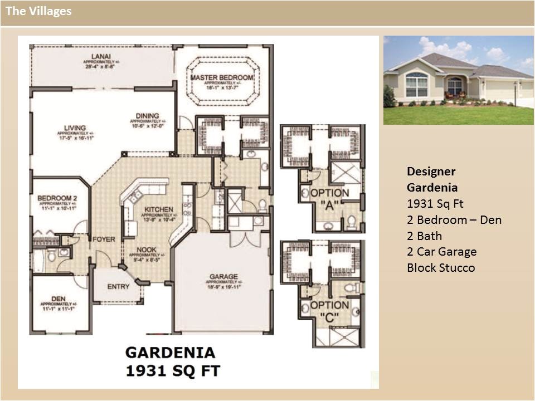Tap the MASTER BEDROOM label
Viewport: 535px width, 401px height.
(x=222, y=77)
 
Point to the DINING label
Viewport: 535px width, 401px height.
(x=147, y=116)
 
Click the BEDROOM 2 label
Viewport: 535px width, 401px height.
(x=57, y=198)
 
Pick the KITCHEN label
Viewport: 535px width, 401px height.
(x=158, y=209)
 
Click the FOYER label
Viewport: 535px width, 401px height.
(x=104, y=239)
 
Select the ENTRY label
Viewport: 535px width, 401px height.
(x=118, y=287)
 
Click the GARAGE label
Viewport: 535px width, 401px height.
(x=223, y=276)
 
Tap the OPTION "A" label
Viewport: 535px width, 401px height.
(x=329, y=199)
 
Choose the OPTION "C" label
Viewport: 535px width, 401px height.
(x=329, y=311)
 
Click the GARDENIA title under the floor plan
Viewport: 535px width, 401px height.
(x=169, y=352)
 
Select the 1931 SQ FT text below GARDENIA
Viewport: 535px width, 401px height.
(x=172, y=370)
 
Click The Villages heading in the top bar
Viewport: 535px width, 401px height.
(x=38, y=11)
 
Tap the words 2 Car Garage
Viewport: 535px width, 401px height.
(x=441, y=252)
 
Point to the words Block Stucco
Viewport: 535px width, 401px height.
(x=441, y=268)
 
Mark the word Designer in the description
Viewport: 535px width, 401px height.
(x=431, y=172)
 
